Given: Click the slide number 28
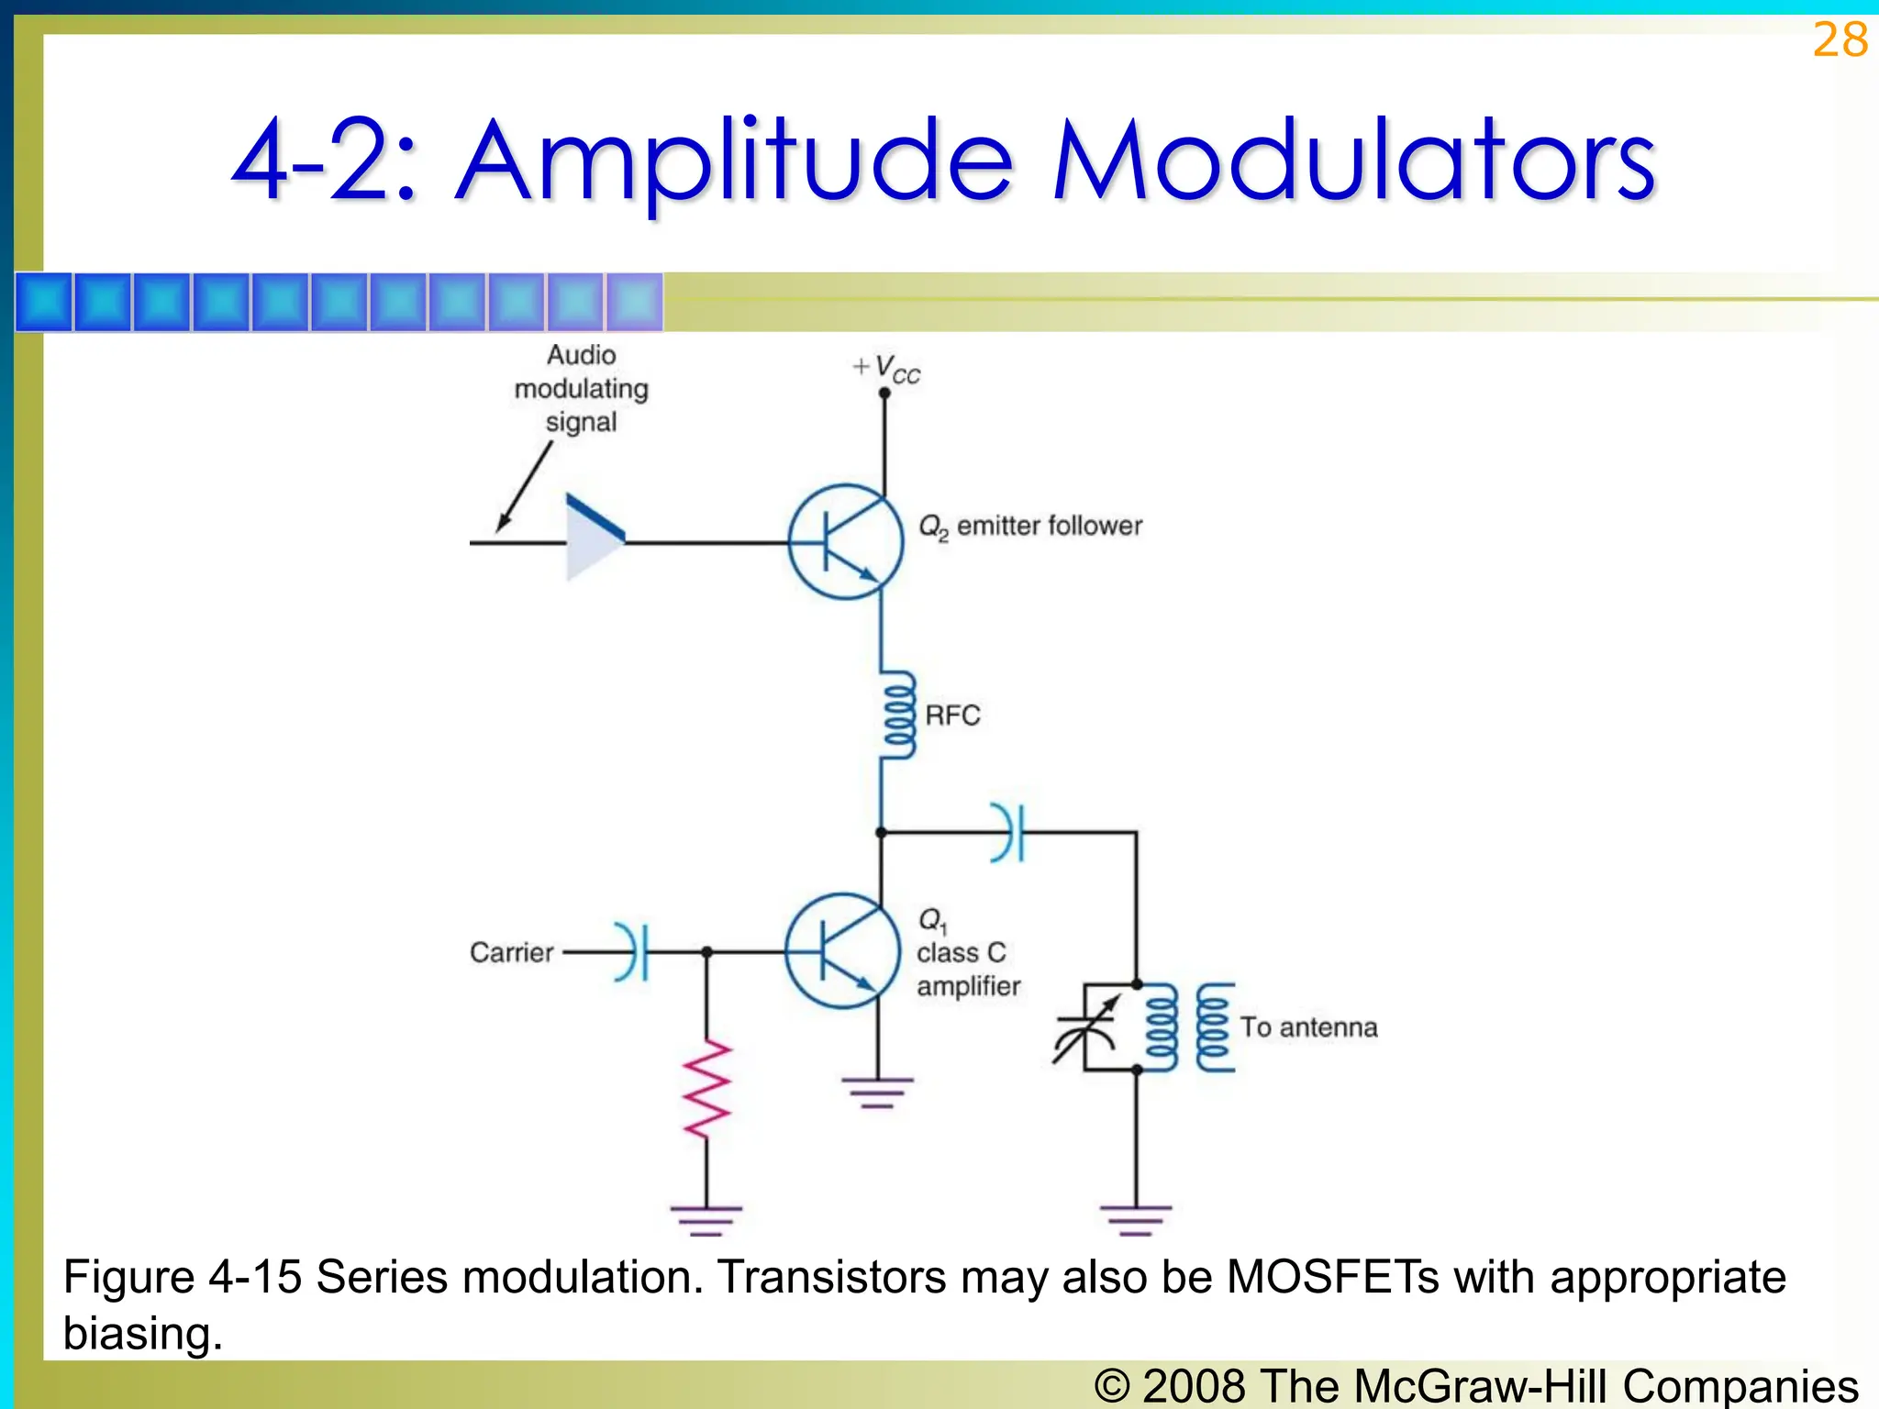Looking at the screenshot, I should point(1840,40).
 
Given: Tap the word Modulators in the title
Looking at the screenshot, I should point(1354,162).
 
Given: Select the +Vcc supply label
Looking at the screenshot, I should point(886,369).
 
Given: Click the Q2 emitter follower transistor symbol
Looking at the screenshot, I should point(846,542).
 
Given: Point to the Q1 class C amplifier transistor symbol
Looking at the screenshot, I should point(842,951).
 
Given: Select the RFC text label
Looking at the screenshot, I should point(952,716).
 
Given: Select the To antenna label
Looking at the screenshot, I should point(1308,1027).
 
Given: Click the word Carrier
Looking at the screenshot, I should point(511,952).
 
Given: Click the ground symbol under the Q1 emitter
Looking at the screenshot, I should point(878,1093).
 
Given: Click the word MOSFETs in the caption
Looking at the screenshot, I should point(1332,1277).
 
